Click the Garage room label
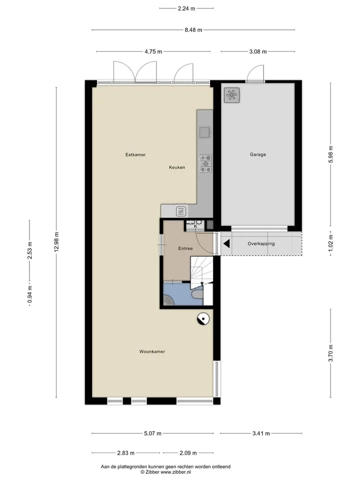pyautogui.click(x=258, y=154)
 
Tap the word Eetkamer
pyautogui.click(x=135, y=154)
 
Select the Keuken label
pyautogui.click(x=177, y=167)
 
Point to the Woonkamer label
pyautogui.click(x=152, y=351)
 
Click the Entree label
pyautogui.click(x=185, y=248)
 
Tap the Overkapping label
pyautogui.click(x=261, y=243)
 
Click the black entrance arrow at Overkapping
pyautogui.click(x=226, y=243)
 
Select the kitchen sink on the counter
pyautogui.click(x=205, y=132)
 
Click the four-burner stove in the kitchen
pyautogui.click(x=205, y=163)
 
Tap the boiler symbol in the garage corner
pyautogui.click(x=231, y=95)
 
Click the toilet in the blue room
pyautogui.click(x=197, y=294)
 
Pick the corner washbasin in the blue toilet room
pyautogui.click(x=168, y=300)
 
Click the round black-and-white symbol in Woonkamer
pyautogui.click(x=203, y=319)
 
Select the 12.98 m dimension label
pyautogui.click(x=56, y=242)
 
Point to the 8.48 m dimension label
pyautogui.click(x=193, y=30)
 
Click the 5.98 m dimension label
pyautogui.click(x=330, y=154)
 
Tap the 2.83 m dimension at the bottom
pyautogui.click(x=126, y=453)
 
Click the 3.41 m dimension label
pyautogui.click(x=261, y=433)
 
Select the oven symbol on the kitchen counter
pyautogui.click(x=181, y=211)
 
